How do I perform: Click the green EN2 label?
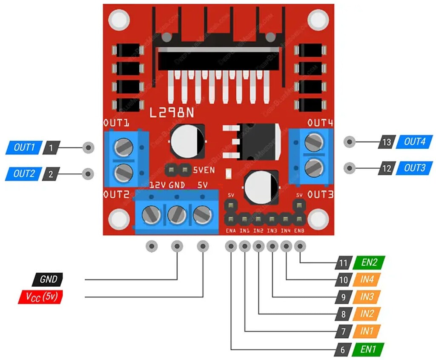click(369, 262)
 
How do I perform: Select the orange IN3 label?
click(367, 297)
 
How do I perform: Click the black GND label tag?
click(48, 279)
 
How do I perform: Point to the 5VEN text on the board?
click(204, 170)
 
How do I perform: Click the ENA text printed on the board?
click(231, 231)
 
